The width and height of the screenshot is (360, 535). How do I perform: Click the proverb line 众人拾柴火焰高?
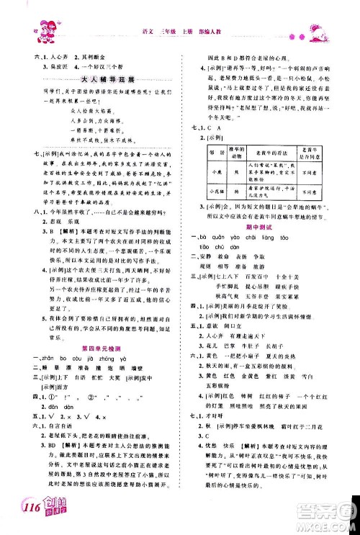coord(94,112)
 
